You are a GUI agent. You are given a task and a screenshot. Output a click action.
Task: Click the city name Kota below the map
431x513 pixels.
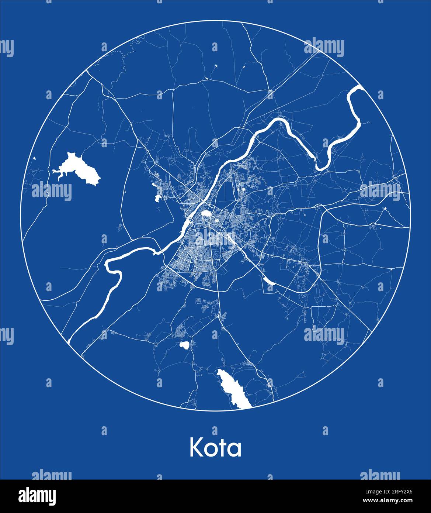[x=215, y=448]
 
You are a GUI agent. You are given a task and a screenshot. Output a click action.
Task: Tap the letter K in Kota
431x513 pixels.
[x=196, y=448]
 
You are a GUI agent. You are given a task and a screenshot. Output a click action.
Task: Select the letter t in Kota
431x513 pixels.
[x=225, y=448]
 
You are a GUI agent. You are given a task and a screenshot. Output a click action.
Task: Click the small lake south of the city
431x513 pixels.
[x=184, y=345]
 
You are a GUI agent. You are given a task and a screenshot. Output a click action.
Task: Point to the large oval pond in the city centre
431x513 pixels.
[x=205, y=214]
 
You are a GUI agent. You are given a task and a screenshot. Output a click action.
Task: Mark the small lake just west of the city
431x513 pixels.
[x=158, y=197]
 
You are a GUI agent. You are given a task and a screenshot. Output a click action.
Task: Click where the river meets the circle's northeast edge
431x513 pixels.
[x=359, y=87]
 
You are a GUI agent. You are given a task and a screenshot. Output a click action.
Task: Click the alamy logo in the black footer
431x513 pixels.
[x=37, y=496]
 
